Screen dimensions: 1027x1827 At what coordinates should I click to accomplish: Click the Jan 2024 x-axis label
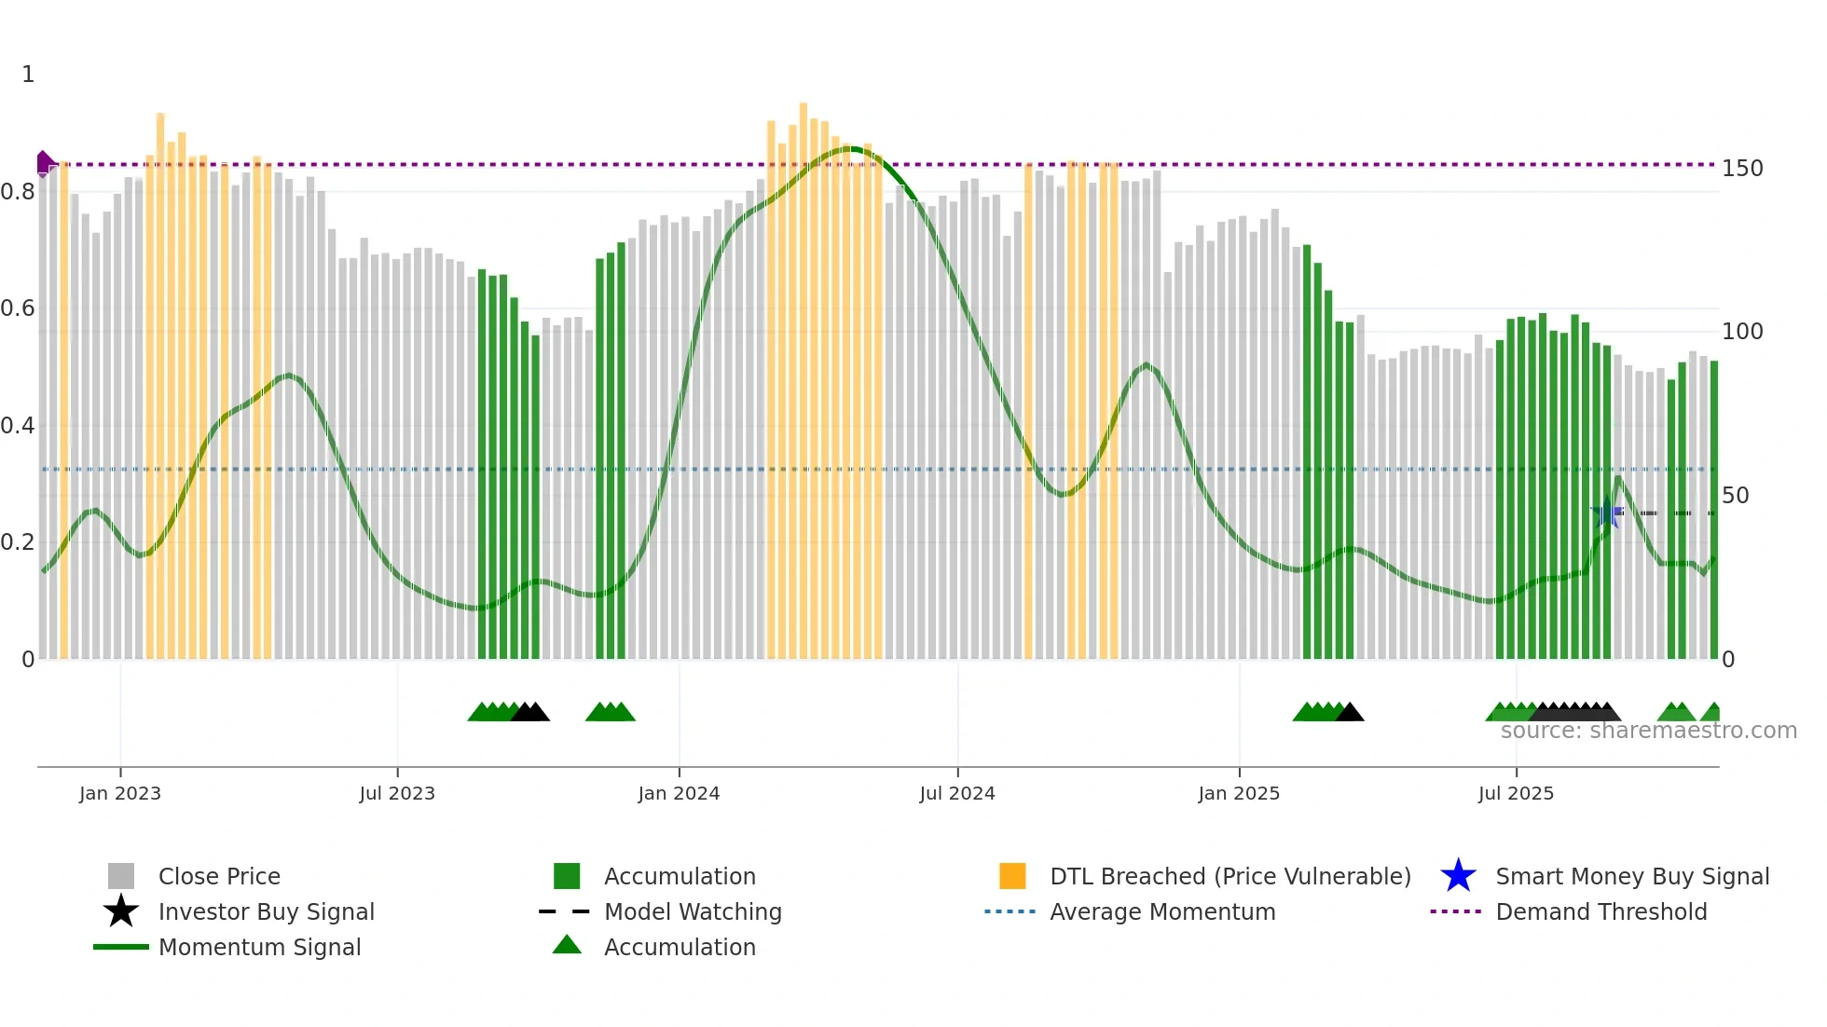pos(679,793)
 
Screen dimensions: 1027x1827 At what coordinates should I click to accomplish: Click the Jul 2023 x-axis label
pos(397,793)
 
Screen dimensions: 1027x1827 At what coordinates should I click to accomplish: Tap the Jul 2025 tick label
pos(1516,793)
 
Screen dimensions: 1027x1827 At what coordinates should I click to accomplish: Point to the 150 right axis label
pos(1741,169)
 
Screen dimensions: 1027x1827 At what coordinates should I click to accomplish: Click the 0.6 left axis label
pos(18,308)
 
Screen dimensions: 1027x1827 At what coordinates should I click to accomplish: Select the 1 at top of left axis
pos(28,75)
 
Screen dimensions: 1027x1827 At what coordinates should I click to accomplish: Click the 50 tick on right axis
pos(1735,496)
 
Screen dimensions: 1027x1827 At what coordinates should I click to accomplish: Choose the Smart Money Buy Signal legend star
pos(1458,876)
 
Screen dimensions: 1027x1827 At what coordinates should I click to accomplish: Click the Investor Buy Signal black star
pos(121,911)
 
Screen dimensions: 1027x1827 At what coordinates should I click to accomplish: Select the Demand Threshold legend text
pos(1600,911)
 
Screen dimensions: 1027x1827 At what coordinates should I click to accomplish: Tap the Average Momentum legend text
pos(1162,911)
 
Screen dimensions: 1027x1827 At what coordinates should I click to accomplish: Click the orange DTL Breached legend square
pos(1012,876)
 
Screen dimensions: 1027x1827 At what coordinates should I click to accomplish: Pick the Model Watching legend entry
pos(693,911)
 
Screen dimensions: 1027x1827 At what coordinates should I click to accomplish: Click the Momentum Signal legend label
pos(259,947)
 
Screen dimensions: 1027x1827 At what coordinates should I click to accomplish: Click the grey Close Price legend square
pos(121,876)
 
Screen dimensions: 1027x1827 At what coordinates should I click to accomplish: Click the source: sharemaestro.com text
pos(1648,731)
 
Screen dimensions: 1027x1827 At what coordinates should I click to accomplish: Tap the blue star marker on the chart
pos(1606,513)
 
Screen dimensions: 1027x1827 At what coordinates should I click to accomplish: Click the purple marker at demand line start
pos(44,163)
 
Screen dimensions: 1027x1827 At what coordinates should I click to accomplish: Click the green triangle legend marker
pos(567,945)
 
